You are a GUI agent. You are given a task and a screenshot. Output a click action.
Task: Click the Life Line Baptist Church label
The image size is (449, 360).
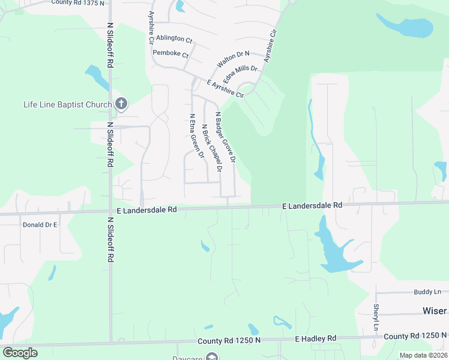coord(68,104)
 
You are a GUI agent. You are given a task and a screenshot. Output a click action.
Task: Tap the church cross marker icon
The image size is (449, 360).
coord(121,104)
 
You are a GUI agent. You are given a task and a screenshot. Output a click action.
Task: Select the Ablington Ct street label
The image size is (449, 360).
coord(173,39)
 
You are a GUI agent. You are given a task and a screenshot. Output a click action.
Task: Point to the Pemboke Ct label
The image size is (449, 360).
coord(170,53)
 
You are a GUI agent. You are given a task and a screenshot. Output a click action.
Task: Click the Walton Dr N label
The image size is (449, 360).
coord(233,59)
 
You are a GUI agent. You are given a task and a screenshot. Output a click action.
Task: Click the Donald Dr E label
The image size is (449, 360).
coord(40,224)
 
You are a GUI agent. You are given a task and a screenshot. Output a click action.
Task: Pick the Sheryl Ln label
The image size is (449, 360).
coord(376,317)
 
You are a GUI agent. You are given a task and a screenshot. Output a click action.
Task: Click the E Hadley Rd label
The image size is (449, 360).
coord(315,339)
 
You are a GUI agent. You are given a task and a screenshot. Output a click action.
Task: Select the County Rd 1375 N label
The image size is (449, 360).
coord(77,3)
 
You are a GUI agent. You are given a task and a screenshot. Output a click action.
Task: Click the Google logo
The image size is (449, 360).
coord(20,353)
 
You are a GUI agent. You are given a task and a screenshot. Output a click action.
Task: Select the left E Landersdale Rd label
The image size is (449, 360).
coord(147,210)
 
